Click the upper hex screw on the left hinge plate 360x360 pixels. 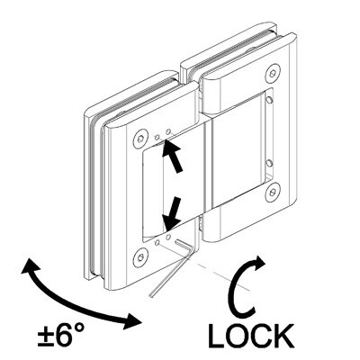coord(141,139)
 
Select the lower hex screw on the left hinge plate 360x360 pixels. coord(140,257)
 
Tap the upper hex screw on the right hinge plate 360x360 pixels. coord(274,73)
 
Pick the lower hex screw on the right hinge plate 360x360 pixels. coord(273,192)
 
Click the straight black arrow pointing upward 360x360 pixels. coord(172,156)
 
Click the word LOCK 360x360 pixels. coord(250,336)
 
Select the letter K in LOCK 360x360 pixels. coord(283,336)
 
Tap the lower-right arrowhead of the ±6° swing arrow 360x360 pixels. coord(132,321)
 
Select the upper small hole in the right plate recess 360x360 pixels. coord(270,100)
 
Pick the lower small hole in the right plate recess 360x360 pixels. coord(269,163)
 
